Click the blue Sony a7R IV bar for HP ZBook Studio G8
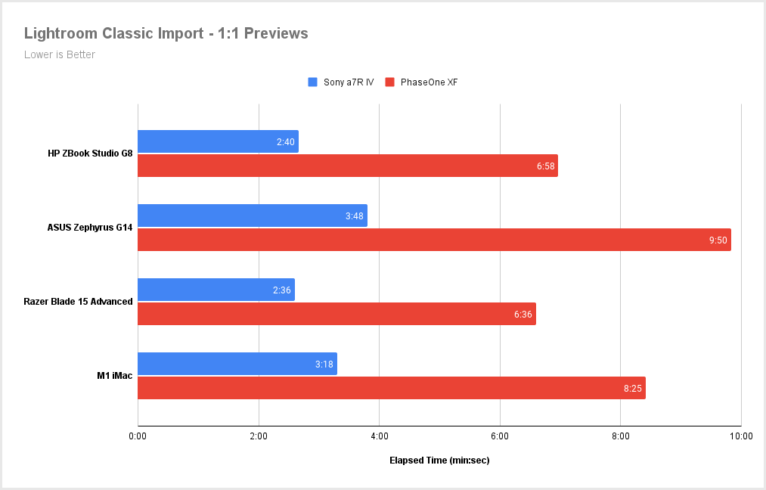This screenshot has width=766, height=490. (x=218, y=141)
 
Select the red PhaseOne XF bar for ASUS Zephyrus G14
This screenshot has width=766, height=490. (x=434, y=240)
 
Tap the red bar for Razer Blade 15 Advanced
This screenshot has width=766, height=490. (x=336, y=314)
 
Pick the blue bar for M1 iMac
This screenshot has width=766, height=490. (x=237, y=364)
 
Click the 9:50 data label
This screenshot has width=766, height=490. (x=718, y=240)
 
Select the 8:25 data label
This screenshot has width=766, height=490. (x=633, y=388)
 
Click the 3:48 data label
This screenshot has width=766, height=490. (x=355, y=216)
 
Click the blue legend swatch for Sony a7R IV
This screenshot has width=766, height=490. (x=312, y=82)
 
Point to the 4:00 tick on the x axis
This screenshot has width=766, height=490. (x=380, y=436)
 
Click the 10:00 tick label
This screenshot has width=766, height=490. (x=741, y=436)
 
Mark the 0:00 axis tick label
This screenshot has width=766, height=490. (x=138, y=436)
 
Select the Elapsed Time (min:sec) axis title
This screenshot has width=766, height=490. (x=439, y=460)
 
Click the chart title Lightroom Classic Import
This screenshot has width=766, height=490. (x=166, y=33)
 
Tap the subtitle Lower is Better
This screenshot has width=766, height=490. (x=60, y=54)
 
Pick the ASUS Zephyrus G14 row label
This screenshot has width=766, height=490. (x=90, y=228)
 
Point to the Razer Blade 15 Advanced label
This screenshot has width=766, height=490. (x=78, y=302)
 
